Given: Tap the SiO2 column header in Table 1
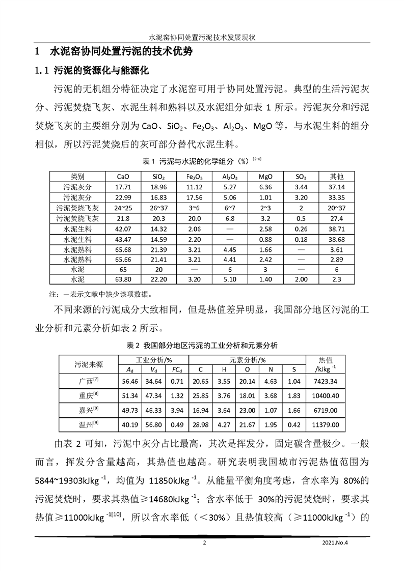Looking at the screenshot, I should coord(158,177).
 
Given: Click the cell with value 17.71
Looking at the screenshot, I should coord(123,187).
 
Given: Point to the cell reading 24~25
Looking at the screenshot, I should coord(123,208).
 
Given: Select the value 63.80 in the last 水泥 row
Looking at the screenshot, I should coord(123,279).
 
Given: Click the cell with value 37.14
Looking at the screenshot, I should coord(337,187).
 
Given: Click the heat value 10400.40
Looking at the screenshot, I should coord(327,395).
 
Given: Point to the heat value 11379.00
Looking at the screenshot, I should coord(327,425).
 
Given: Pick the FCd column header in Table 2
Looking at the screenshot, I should coord(177,369).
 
